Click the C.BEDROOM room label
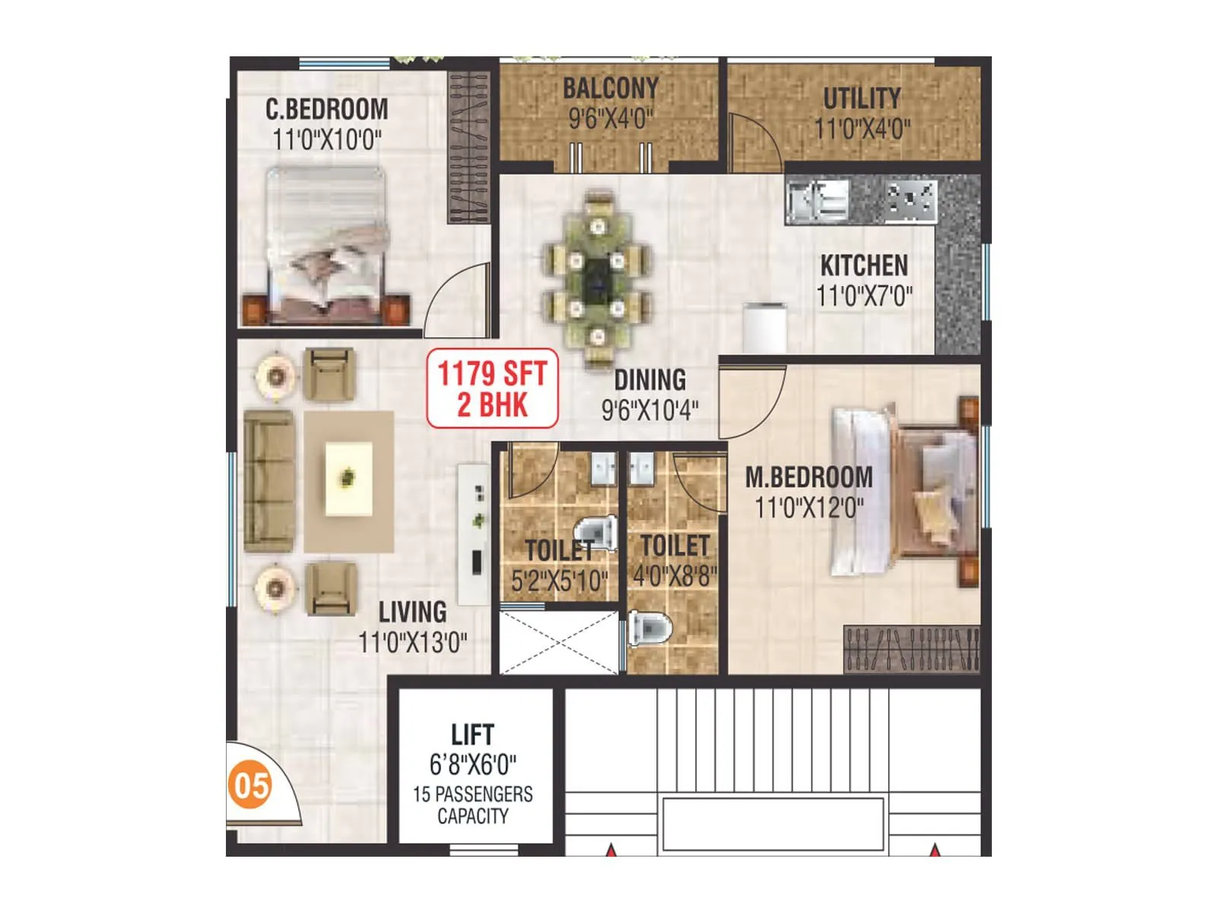click(x=326, y=110)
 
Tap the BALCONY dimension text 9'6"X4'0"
click(x=610, y=119)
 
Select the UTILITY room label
click(x=861, y=98)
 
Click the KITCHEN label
click(x=864, y=266)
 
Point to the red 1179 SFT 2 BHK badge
click(x=492, y=388)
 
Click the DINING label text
click(x=650, y=380)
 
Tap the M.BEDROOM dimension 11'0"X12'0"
click(x=809, y=507)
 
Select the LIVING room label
click(x=412, y=612)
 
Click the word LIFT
click(x=472, y=735)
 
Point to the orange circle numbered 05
click(x=251, y=784)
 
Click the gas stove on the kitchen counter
click(x=910, y=200)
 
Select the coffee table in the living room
click(x=349, y=479)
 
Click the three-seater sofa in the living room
click(x=269, y=481)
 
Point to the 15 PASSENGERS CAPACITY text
click(x=472, y=805)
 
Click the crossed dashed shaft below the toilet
click(x=559, y=641)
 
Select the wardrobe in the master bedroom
click(x=910, y=650)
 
